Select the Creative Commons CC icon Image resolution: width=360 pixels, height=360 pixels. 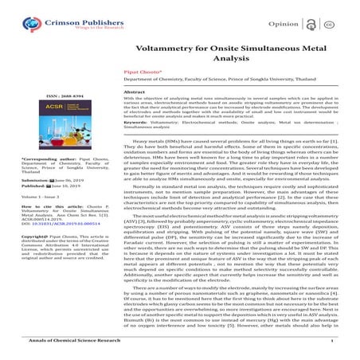pyautogui.click(x=347, y=15)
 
